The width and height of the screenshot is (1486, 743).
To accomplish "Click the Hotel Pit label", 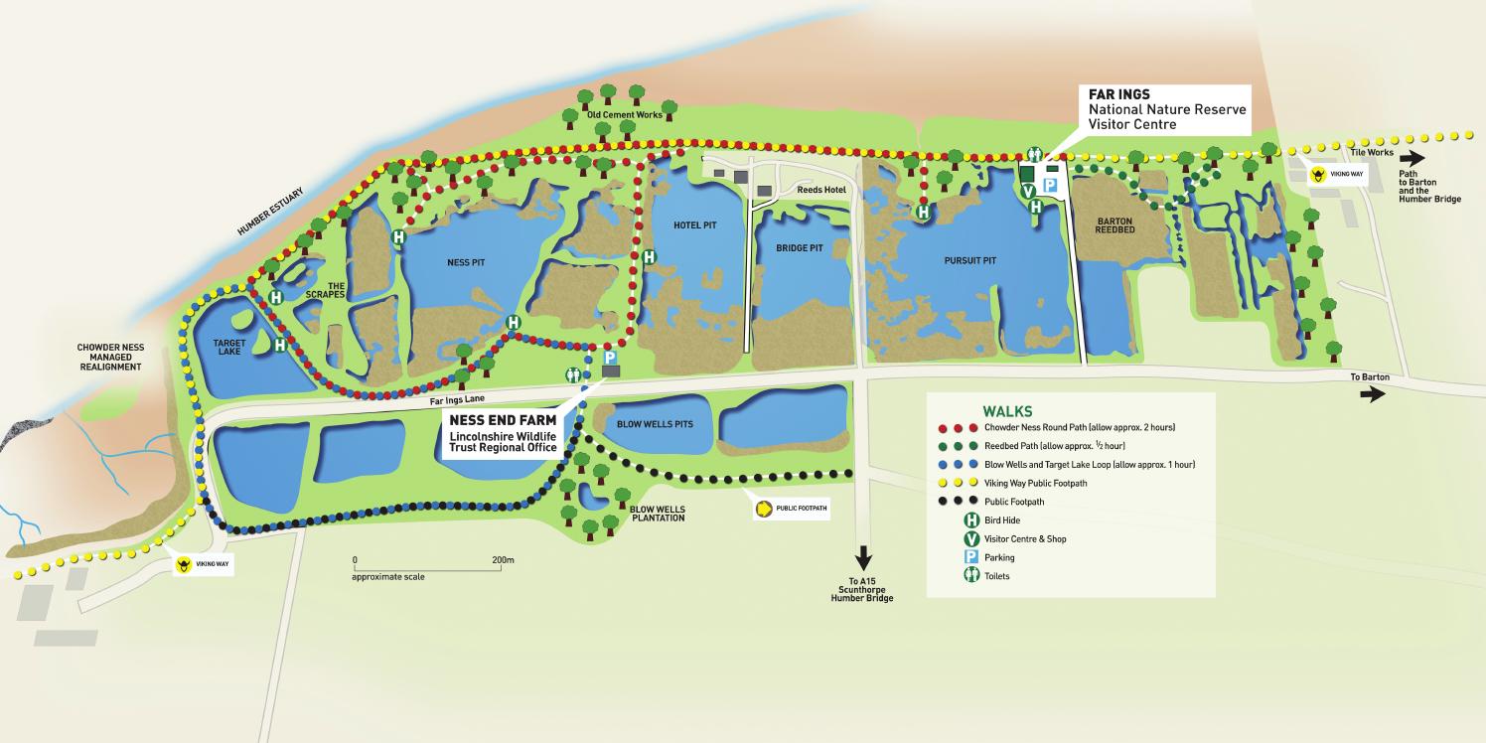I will (x=694, y=225).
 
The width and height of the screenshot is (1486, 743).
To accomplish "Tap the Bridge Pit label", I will (x=800, y=247).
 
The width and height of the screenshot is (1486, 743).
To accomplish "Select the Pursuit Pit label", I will (x=969, y=261).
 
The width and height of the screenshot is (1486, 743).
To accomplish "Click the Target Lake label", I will (x=229, y=346).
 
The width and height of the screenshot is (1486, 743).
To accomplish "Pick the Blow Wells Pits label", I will (x=655, y=424).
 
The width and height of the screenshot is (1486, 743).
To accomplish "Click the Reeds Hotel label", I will (x=820, y=190).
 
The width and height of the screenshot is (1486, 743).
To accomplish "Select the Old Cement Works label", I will (x=624, y=115).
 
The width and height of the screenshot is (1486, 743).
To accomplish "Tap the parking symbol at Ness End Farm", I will (x=610, y=358).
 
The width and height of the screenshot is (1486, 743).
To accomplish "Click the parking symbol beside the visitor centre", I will (x=1049, y=184).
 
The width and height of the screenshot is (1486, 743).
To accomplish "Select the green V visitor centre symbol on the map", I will (x=1028, y=191).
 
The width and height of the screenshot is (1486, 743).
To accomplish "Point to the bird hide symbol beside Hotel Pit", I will (x=649, y=257).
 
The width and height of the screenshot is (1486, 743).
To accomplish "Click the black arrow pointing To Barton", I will (x=1372, y=394).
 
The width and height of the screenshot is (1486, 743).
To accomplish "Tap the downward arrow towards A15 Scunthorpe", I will (x=863, y=558).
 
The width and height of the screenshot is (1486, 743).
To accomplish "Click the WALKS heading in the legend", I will (x=1007, y=411).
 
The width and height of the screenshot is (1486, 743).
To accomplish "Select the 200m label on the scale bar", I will (x=503, y=560).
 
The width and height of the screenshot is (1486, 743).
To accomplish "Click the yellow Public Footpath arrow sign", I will (x=764, y=509).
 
